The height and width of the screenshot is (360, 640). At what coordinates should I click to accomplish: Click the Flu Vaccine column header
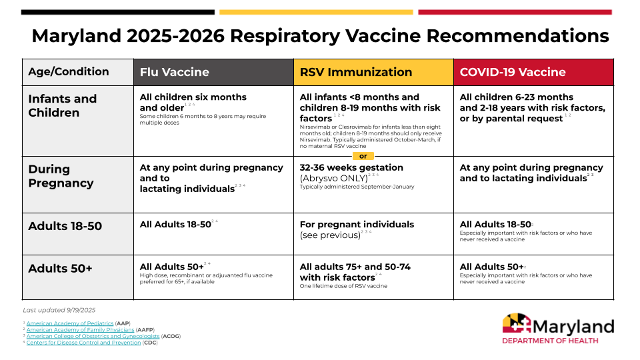(174, 72)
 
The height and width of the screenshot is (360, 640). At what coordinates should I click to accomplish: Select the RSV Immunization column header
(356, 72)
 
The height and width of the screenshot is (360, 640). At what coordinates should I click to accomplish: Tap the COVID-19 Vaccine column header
(513, 72)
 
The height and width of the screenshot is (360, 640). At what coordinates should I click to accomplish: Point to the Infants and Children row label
(63, 105)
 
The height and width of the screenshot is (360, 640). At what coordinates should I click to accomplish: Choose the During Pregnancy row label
(61, 176)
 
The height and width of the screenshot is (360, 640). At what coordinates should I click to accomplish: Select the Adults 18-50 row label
(65, 226)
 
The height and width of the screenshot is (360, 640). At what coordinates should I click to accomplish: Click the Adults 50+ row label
(60, 269)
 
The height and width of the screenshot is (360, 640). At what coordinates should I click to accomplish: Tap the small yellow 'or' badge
(363, 156)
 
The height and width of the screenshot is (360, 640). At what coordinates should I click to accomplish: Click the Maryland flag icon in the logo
(516, 325)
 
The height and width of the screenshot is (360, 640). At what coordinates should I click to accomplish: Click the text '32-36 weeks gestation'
(351, 167)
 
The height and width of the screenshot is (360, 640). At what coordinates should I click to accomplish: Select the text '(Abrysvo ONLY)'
(333, 178)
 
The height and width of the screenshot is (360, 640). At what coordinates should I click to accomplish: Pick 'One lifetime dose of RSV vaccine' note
(343, 286)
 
